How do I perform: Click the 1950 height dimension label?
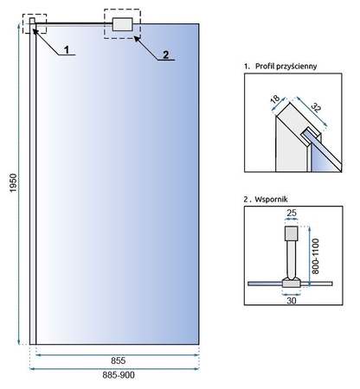(14, 182)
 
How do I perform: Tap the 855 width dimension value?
(119, 360)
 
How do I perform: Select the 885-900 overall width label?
(119, 375)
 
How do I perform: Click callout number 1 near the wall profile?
(67, 50)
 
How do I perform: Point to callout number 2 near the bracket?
(165, 54)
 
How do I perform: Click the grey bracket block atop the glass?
(123, 24)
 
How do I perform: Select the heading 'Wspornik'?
(271, 199)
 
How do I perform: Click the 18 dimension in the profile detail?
(275, 99)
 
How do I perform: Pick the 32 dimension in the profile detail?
(316, 107)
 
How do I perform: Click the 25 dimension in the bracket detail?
(292, 213)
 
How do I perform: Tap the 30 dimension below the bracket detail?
(292, 301)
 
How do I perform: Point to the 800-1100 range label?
(316, 256)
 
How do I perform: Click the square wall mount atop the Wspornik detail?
(292, 233)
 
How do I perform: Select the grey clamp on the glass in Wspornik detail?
(292, 284)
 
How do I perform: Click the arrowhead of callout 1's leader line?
(34, 30)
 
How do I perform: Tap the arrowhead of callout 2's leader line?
(136, 38)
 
